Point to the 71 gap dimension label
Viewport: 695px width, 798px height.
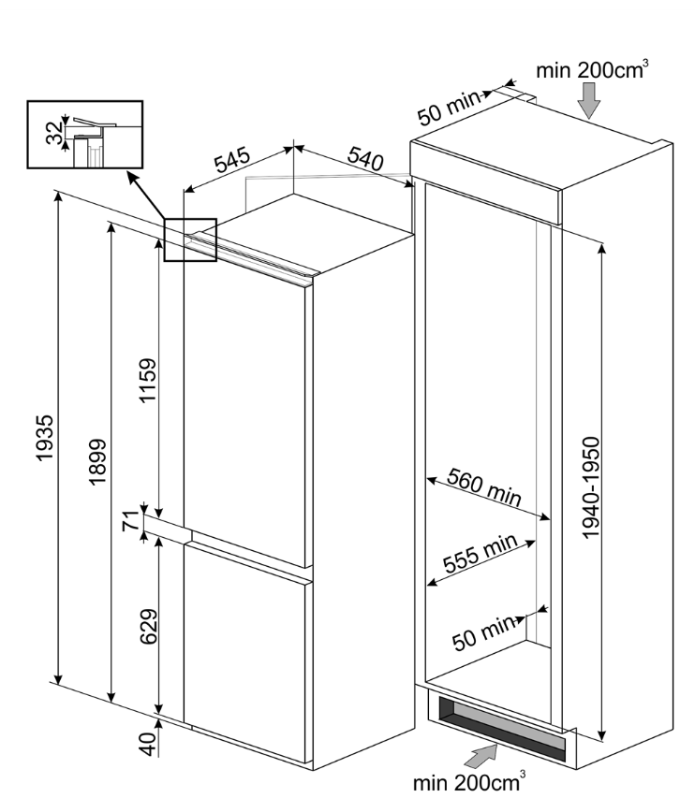(x=130, y=522)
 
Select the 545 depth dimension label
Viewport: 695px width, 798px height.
(x=232, y=161)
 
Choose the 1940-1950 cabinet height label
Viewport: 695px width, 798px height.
(x=591, y=487)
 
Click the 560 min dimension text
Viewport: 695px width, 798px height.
(x=483, y=486)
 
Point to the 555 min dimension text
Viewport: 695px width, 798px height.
(x=481, y=554)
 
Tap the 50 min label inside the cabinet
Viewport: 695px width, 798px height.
(x=483, y=631)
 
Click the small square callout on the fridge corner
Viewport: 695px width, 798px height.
(x=190, y=239)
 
